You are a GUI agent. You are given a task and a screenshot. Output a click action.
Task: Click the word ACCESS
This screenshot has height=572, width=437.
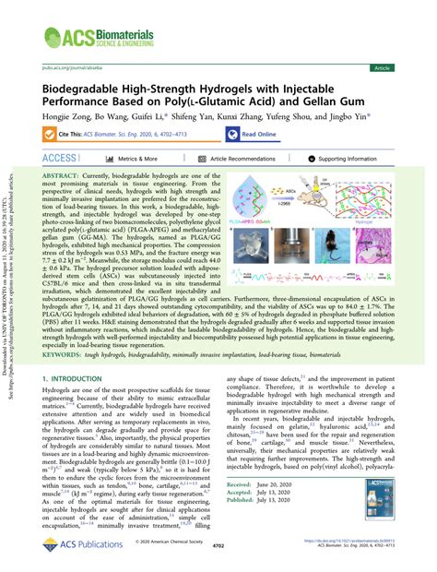point(59,159)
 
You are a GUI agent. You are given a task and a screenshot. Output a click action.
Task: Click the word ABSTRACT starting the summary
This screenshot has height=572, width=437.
point(62,173)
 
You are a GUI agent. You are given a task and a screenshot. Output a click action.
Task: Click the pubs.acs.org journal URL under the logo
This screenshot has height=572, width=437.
point(70,68)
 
